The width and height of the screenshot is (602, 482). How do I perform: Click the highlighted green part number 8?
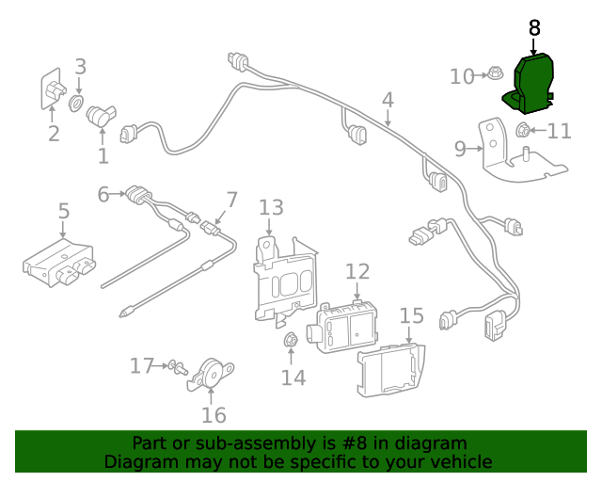pos(532,84)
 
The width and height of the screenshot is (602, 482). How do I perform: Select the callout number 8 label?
pos(534,28)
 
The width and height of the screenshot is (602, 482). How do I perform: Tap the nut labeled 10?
pos(494,73)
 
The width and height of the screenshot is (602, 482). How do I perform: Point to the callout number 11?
pos(560,131)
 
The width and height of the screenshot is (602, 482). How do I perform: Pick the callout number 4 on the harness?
pos(388,100)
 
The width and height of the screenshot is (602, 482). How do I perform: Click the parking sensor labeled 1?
pos(100,117)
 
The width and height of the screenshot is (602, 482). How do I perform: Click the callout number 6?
pos(103,195)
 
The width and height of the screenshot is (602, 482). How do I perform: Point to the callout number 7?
pos(232,201)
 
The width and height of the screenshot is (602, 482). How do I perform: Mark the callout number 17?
pos(142,365)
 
